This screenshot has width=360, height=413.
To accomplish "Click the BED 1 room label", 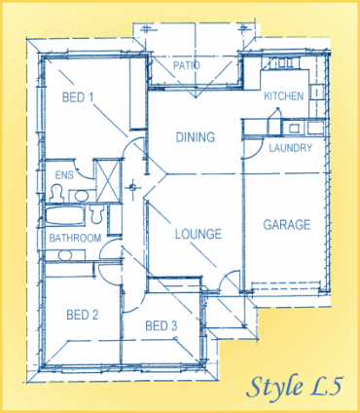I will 78,97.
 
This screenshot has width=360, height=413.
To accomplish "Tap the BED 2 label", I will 82,315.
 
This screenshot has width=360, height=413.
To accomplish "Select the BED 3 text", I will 161,325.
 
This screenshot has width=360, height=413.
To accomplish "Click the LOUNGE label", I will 198,234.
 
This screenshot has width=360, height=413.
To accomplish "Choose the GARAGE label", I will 286,225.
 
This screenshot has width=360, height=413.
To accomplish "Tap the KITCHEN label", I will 284,96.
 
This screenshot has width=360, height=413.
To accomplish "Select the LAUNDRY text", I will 289,148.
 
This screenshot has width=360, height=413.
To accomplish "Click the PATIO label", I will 187,66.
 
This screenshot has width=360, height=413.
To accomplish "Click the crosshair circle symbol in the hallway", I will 135,184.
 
